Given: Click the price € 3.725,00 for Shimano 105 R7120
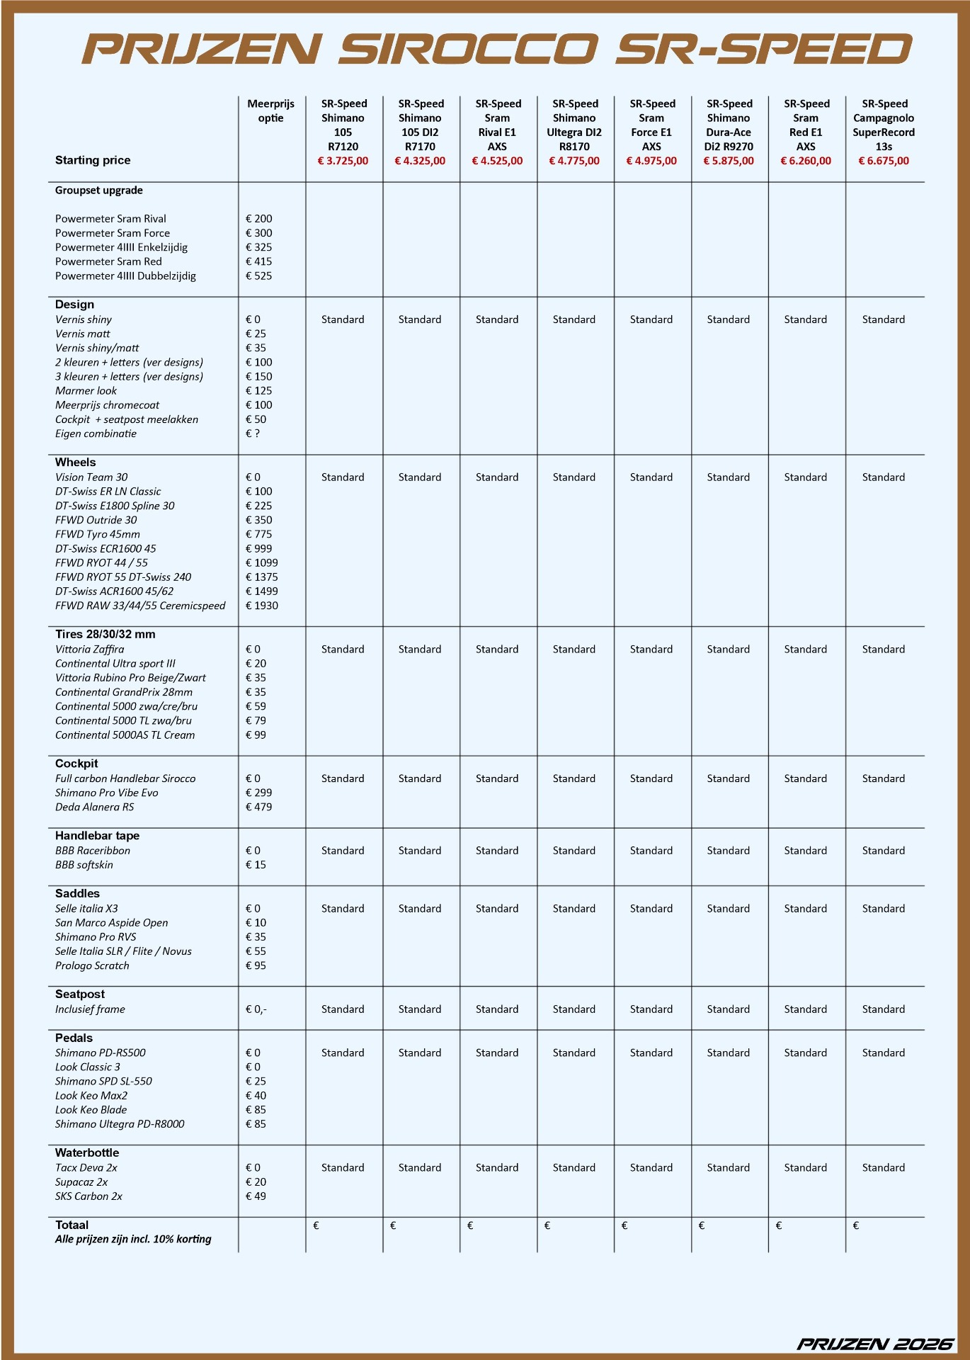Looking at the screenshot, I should pos(343,161).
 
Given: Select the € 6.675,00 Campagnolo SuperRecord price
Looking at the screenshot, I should pos(883,161).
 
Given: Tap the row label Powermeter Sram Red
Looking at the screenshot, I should pos(108,261).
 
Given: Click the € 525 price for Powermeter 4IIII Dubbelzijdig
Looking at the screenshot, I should pos(258,276).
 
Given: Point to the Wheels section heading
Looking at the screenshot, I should pos(75,462).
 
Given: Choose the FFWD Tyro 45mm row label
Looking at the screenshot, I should pos(98,534).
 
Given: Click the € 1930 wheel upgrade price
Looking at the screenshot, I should pos(261,606).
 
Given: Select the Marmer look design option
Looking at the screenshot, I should pos(86,390).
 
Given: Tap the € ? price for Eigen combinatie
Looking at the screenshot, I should pos(253,433).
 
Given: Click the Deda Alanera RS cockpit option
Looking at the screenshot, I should pos(94,807).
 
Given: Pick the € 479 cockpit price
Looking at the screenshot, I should pos(258,807).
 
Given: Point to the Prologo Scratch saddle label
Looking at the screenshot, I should pos(92,965).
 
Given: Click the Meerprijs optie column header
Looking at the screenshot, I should pos(270,110).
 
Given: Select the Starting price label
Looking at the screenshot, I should pos(93,160).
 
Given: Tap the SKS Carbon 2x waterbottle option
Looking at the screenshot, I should pos(89,1196).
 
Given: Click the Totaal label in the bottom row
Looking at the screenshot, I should pos(72,1225).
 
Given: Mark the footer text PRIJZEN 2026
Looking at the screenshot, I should pos(875,1344).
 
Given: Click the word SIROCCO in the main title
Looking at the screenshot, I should pos(468,50).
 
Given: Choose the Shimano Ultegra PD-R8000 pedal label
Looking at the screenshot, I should pos(120,1123).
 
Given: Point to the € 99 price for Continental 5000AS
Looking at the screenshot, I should pos(256,735).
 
